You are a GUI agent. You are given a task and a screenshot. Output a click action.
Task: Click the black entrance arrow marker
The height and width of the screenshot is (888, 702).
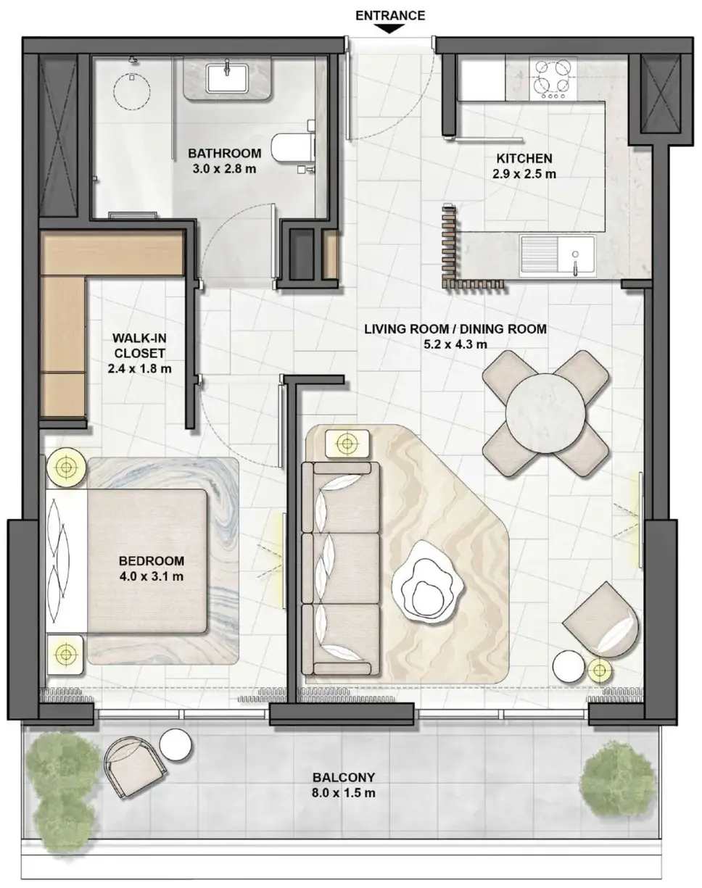point(390,29)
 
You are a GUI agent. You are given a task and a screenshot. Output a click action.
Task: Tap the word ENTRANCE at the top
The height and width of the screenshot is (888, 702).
point(390,16)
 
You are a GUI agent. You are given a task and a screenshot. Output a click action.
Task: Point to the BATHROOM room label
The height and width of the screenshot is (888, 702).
point(225,153)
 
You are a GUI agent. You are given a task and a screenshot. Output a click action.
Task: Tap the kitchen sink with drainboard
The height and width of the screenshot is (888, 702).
point(558,256)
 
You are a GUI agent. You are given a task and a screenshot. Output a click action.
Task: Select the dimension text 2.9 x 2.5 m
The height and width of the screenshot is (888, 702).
point(524,174)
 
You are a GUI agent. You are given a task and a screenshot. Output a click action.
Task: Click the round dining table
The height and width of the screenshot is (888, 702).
point(545,414)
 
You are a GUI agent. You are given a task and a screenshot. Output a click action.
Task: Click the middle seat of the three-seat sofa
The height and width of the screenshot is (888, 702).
point(341,569)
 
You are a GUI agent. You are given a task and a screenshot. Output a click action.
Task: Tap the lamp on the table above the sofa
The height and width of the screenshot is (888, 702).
point(347,444)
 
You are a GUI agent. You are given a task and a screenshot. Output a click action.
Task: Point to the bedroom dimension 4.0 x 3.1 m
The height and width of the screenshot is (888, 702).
point(151,576)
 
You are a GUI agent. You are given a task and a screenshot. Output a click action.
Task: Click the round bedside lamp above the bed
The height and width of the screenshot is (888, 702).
point(66,468)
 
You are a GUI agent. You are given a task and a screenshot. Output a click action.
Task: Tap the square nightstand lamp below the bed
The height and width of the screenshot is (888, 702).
point(65,654)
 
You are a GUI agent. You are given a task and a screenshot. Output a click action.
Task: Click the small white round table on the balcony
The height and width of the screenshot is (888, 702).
point(175,744)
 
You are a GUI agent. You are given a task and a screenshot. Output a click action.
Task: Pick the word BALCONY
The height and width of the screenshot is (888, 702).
point(344,777)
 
